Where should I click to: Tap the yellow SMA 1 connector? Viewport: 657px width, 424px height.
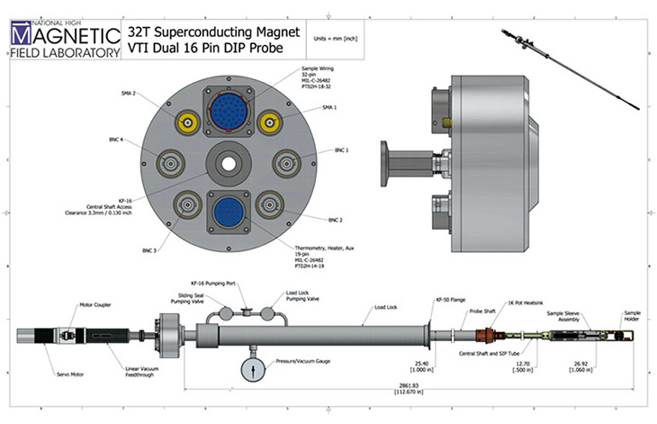268,122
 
